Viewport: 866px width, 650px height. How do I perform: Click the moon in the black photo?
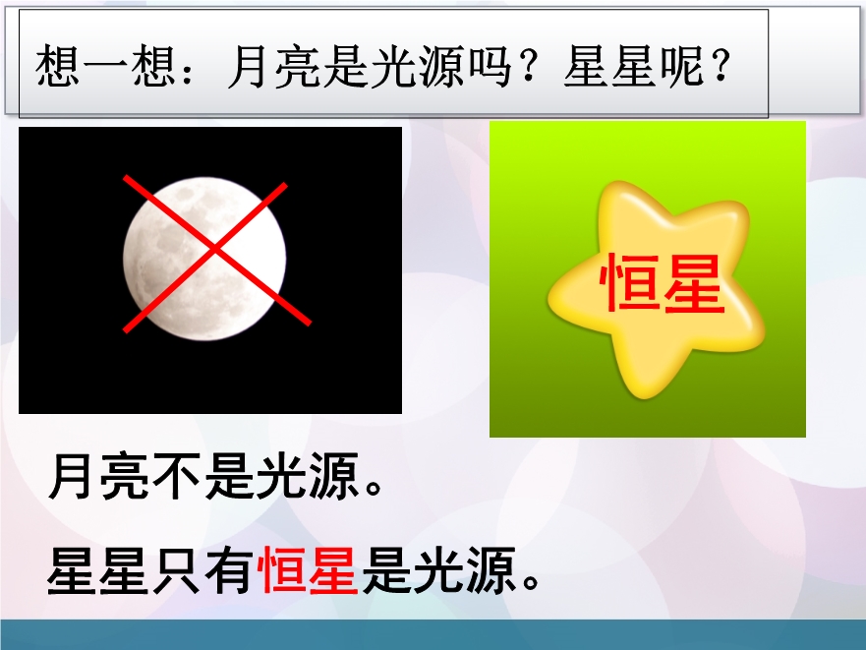pos(204,259)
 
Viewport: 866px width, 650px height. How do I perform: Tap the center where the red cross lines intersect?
pos(214,252)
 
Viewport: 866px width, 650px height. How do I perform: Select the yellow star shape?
pos(656,288)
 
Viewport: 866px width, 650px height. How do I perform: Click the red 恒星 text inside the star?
pos(662,283)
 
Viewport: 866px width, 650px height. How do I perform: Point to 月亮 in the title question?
pos(274,67)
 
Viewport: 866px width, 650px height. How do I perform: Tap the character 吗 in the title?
pos(488,67)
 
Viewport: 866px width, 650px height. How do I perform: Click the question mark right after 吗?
pos(528,66)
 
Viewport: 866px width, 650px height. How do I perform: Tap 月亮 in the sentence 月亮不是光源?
pos(99,475)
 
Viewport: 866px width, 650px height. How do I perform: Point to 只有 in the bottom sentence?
pos(202,570)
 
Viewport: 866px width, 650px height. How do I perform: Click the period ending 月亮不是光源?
pos(374,487)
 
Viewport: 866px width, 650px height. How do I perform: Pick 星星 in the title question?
pos(609,67)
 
